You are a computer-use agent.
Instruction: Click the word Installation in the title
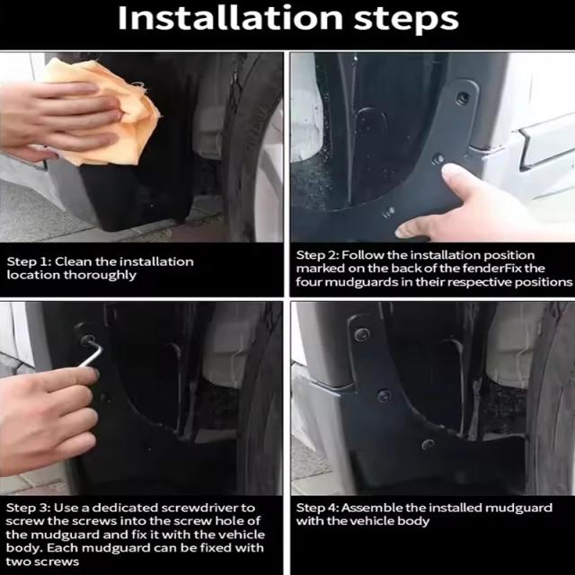click(x=230, y=18)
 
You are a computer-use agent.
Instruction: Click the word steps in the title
click(x=406, y=20)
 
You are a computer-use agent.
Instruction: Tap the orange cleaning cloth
click(x=106, y=110)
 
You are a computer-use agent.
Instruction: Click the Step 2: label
click(x=317, y=255)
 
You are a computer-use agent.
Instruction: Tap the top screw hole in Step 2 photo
click(x=464, y=98)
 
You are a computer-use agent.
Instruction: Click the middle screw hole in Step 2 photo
click(x=438, y=159)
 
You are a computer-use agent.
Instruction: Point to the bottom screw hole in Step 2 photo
click(x=389, y=212)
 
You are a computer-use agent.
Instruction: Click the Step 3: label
click(x=28, y=508)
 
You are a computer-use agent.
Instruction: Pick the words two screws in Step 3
click(x=42, y=562)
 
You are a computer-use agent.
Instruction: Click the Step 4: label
click(x=317, y=508)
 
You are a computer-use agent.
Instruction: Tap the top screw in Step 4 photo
click(x=361, y=334)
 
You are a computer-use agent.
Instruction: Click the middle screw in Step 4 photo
click(x=384, y=395)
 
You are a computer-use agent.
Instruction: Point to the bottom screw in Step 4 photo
click(x=428, y=444)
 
